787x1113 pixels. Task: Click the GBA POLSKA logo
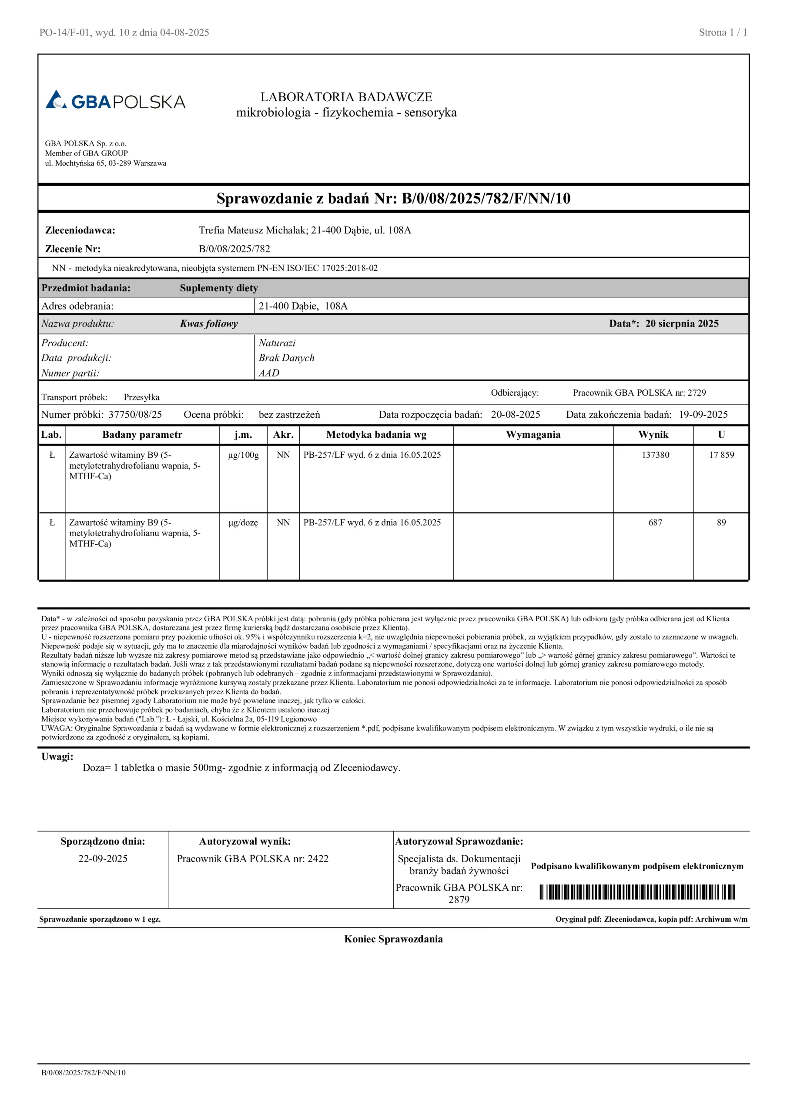pos(115,100)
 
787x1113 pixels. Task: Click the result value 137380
pos(655,455)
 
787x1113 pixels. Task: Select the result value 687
pos(655,523)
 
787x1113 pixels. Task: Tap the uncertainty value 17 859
pos(721,455)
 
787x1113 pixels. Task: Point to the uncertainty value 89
pos(721,523)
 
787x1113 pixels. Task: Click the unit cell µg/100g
pos(243,455)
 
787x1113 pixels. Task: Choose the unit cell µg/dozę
pos(243,523)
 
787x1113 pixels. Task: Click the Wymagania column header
pos(533,434)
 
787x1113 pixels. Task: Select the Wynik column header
pos(653,434)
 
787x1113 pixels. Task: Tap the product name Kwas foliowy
pos(209,323)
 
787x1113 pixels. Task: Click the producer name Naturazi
pos(277,343)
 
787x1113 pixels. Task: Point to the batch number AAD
pos(269,373)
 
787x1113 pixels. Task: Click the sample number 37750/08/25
pos(135,414)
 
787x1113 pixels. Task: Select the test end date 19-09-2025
pos(703,414)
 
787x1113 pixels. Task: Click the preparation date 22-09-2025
pos(103,859)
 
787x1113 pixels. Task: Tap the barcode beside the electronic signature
pos(637,892)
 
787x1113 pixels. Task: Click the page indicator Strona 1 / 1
pos(723,33)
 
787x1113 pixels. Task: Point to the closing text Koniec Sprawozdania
pos(393,939)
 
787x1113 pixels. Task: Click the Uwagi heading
pos(57,756)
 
